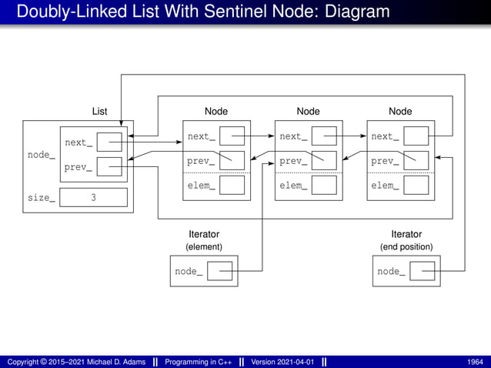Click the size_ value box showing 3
click(93, 198)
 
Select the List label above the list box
click(99, 112)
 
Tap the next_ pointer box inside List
click(109, 142)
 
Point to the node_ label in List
click(41, 155)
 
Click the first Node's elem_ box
click(232, 185)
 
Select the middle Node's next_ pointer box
click(324, 136)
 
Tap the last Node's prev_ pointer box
click(416, 161)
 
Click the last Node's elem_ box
click(416, 185)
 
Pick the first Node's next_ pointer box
click(232, 136)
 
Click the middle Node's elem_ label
click(293, 186)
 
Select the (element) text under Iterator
click(204, 247)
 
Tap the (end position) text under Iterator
click(406, 247)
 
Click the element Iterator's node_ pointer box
click(219, 271)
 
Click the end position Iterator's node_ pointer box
click(422, 271)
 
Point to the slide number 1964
click(475, 361)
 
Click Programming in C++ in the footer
click(199, 361)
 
